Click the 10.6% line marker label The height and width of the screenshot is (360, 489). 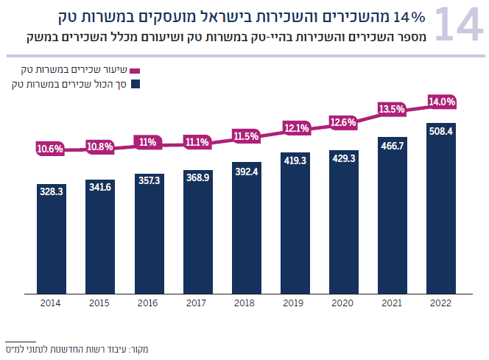click(x=51, y=149)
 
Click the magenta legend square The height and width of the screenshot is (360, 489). click(x=135, y=70)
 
